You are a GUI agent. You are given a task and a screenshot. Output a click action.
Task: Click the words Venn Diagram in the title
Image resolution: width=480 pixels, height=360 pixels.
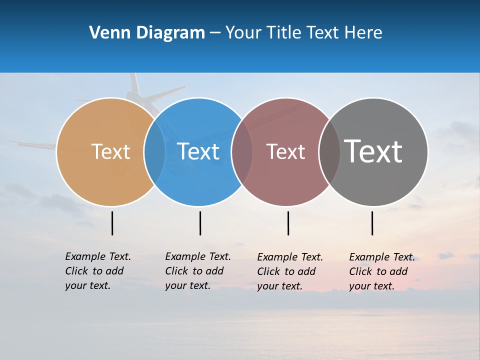tap(147, 33)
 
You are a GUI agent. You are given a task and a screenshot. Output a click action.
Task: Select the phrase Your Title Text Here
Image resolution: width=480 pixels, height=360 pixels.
tap(303, 33)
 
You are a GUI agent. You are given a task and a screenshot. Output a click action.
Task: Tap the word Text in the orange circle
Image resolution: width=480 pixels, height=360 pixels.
tap(110, 151)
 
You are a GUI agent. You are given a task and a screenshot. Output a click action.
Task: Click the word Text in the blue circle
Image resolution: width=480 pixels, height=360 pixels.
tap(198, 151)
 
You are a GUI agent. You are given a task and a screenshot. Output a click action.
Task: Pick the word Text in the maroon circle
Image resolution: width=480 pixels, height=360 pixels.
tap(285, 151)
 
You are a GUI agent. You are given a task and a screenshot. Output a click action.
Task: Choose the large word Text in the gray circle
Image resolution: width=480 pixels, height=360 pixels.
tap(373, 151)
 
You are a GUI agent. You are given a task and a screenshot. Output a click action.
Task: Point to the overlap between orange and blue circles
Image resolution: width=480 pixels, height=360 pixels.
tap(154, 151)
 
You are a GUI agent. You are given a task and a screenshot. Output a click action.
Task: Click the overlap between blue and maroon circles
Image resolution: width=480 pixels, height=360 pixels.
tap(242, 151)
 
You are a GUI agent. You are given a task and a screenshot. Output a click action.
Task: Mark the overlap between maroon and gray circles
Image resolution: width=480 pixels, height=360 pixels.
tap(329, 151)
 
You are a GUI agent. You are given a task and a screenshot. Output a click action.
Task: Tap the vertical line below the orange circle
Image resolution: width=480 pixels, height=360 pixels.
tap(112, 223)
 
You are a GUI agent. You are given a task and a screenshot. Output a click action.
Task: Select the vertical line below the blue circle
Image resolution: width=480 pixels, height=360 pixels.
tap(200, 223)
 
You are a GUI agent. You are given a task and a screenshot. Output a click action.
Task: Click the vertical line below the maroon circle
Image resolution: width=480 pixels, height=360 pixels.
tap(288, 223)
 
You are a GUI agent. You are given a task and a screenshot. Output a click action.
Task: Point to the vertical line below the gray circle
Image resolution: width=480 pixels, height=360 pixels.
tap(372, 223)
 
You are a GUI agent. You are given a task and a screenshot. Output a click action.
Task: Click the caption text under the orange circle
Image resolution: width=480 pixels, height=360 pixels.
tap(97, 271)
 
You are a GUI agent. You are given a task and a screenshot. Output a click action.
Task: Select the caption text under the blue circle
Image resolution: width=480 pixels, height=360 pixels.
tap(197, 271)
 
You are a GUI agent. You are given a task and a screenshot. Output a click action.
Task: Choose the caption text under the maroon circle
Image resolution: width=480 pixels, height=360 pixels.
tap(289, 271)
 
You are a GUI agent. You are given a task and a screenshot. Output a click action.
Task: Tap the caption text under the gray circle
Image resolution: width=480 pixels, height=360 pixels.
tap(381, 271)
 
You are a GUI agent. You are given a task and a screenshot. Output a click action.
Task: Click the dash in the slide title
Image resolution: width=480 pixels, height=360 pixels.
tap(215, 33)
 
